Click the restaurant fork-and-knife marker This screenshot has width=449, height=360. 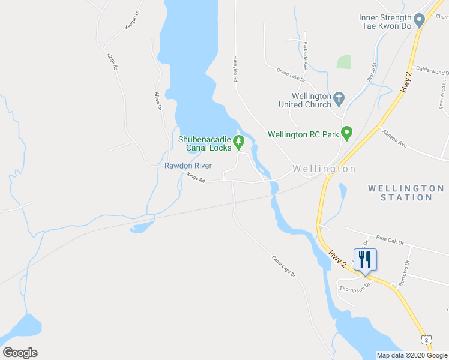[x=365, y=260]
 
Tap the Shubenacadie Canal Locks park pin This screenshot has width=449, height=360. [x=239, y=142]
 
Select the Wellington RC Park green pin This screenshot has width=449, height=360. [x=346, y=133]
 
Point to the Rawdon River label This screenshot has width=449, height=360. [x=188, y=166]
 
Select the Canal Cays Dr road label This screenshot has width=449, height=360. [x=284, y=266]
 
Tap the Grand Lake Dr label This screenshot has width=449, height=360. [x=291, y=75]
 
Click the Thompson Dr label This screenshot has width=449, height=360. [x=354, y=287]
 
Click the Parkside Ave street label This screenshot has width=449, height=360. [x=305, y=56]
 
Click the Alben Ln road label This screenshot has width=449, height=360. [x=158, y=100]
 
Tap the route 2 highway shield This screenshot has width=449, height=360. [x=426, y=340]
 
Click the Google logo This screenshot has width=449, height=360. [x=20, y=353]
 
